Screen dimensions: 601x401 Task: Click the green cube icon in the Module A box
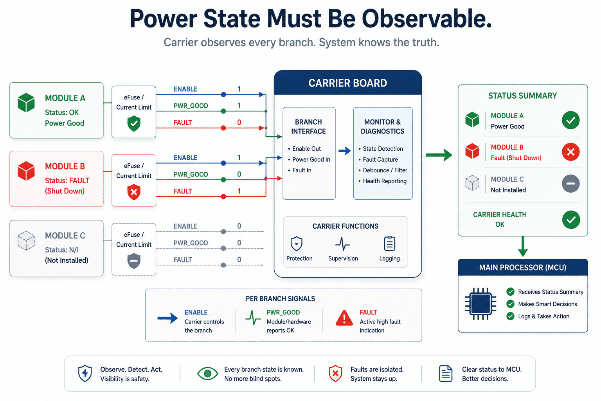26,102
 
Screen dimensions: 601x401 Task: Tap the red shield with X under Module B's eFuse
134,192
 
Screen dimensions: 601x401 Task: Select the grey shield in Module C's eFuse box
134,260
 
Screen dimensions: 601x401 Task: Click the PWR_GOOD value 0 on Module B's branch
239,174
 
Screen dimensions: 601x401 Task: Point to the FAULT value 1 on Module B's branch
239,191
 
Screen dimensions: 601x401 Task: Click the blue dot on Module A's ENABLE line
223,94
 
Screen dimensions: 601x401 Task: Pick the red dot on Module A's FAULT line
223,128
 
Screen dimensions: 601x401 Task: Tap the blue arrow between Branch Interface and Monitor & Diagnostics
344,151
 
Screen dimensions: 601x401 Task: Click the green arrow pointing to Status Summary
439,155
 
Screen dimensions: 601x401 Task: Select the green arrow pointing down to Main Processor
523,246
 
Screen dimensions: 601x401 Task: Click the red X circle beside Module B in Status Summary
571,152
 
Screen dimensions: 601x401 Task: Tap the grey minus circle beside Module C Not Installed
571,183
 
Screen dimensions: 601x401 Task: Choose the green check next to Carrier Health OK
571,220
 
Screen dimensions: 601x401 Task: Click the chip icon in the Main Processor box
480,304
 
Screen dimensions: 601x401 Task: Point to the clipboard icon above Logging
390,243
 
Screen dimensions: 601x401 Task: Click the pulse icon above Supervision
343,243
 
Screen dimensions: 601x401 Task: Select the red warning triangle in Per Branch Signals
344,318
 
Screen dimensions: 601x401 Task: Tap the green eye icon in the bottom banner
207,373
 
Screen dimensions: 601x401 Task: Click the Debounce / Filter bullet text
385,170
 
